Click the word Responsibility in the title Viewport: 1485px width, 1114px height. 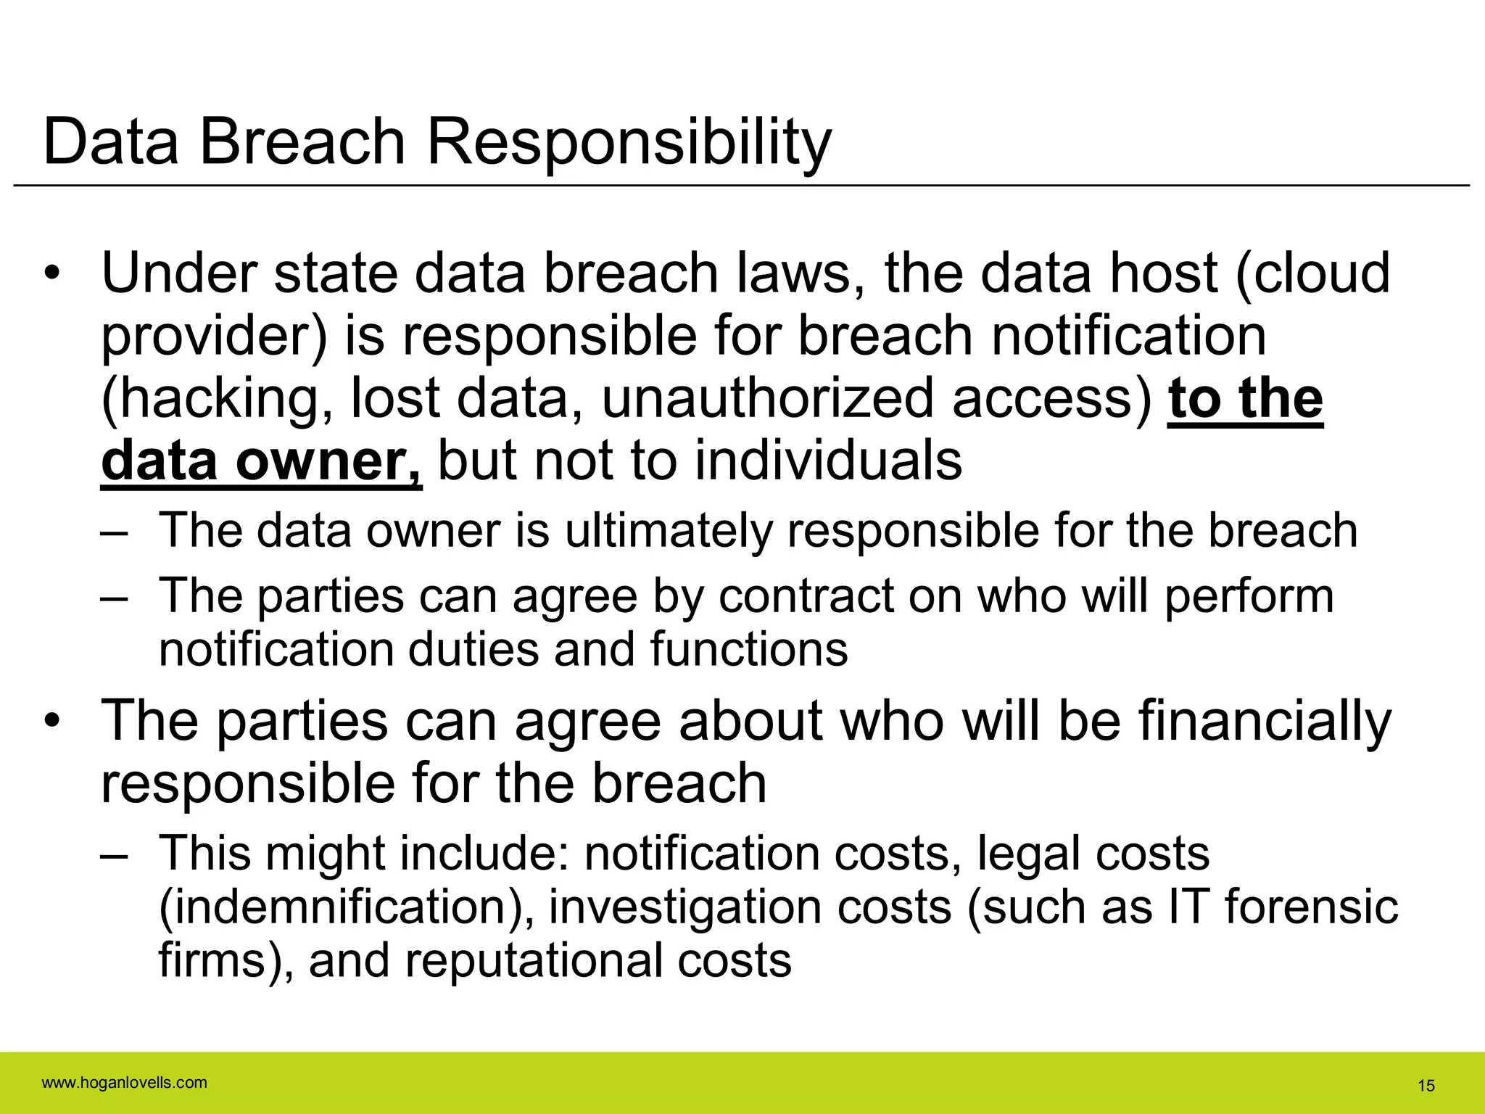click(629, 142)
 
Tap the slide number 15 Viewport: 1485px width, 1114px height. click(1426, 1086)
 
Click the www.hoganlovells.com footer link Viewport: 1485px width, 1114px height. click(125, 1083)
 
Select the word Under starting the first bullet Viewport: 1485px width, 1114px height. click(179, 273)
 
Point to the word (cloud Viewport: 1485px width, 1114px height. click(1313, 273)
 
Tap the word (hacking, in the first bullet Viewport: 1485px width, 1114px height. click(218, 400)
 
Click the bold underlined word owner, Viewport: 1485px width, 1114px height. click(328, 461)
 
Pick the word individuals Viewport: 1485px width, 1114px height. click(829, 461)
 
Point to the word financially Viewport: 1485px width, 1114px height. click(1265, 722)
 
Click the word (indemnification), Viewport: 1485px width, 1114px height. click(347, 907)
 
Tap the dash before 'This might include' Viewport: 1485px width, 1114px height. click(115, 854)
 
